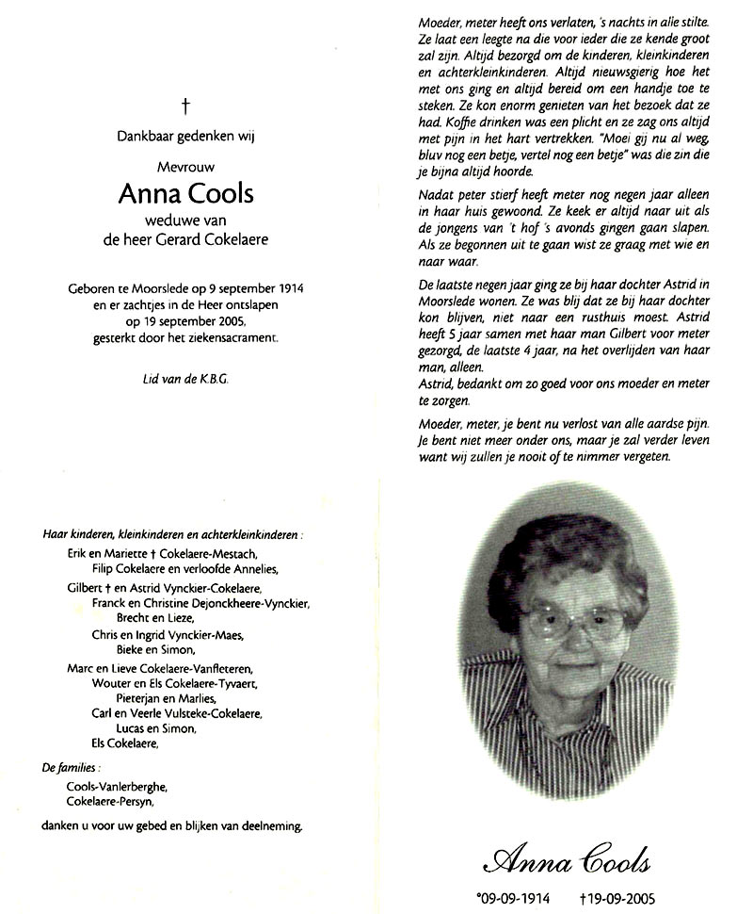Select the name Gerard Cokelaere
pos(221,240)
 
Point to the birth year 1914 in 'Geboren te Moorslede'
pos(298,286)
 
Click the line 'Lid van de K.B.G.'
pos(184,378)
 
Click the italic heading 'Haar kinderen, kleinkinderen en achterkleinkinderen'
pos(173,534)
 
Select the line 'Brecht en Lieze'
pos(154,618)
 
